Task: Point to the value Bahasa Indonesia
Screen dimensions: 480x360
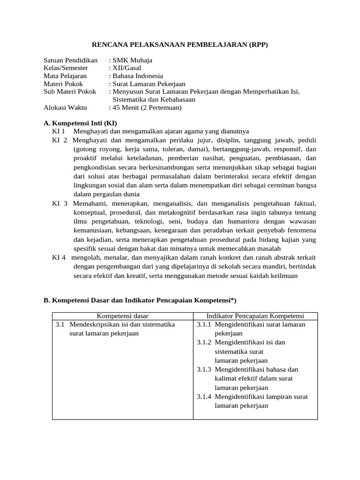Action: click(137, 76)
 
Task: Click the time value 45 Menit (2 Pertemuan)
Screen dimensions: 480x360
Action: click(146, 107)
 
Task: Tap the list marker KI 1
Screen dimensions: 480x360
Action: click(59, 131)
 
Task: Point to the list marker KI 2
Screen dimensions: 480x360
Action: click(60, 140)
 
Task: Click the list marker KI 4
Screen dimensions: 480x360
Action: click(59, 257)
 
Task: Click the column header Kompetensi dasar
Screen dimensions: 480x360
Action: click(122, 316)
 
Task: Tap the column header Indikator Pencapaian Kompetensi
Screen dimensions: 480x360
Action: click(255, 316)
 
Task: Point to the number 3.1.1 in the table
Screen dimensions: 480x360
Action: click(204, 324)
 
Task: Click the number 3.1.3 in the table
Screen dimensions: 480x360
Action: click(204, 369)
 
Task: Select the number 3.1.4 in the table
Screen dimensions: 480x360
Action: click(204, 397)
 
